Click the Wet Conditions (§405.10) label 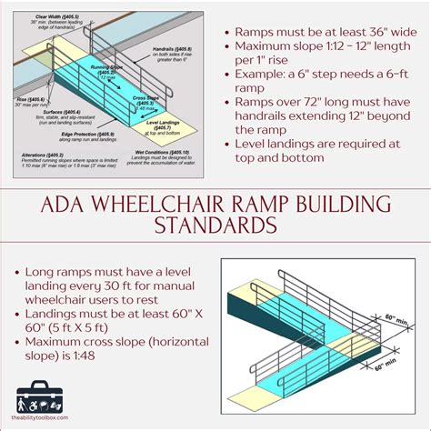click(x=165, y=152)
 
